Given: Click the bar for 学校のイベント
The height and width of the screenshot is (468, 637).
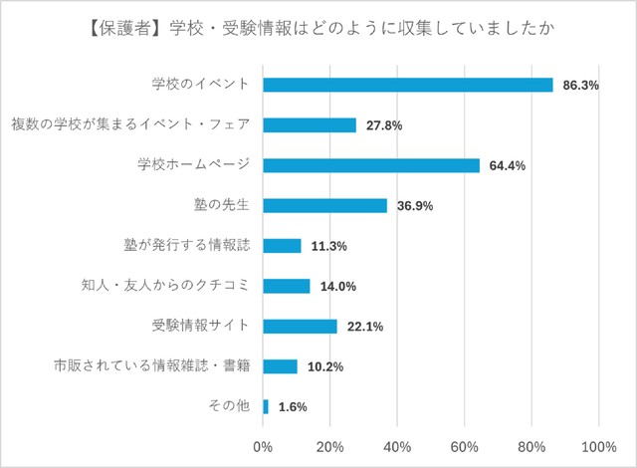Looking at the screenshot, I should point(408,85).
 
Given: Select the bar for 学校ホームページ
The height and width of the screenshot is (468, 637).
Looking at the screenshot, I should point(371,165).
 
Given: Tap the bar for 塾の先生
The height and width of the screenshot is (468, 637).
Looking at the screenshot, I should point(324,205).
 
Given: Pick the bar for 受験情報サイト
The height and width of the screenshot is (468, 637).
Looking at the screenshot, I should point(300,326).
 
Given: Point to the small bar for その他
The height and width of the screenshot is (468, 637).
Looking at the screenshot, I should point(266,406).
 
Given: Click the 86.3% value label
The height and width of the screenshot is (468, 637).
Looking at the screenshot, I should point(580,86).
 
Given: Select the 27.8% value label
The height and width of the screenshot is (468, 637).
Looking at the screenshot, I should point(384,125).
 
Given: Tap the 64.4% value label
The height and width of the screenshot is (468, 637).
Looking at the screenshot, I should point(508,165).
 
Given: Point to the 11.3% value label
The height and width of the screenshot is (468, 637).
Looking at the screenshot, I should point(328,246).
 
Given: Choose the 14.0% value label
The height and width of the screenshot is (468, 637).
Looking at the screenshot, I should point(337,286).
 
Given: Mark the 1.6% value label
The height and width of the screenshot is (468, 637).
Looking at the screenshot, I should point(293,406).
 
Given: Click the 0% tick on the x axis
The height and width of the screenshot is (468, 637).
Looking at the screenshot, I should point(263,446).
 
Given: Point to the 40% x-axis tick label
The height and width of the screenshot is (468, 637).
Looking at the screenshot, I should point(397,446).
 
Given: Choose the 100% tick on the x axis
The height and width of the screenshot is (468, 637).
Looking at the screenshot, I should point(598,446).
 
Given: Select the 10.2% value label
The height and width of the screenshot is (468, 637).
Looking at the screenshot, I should point(324,366).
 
